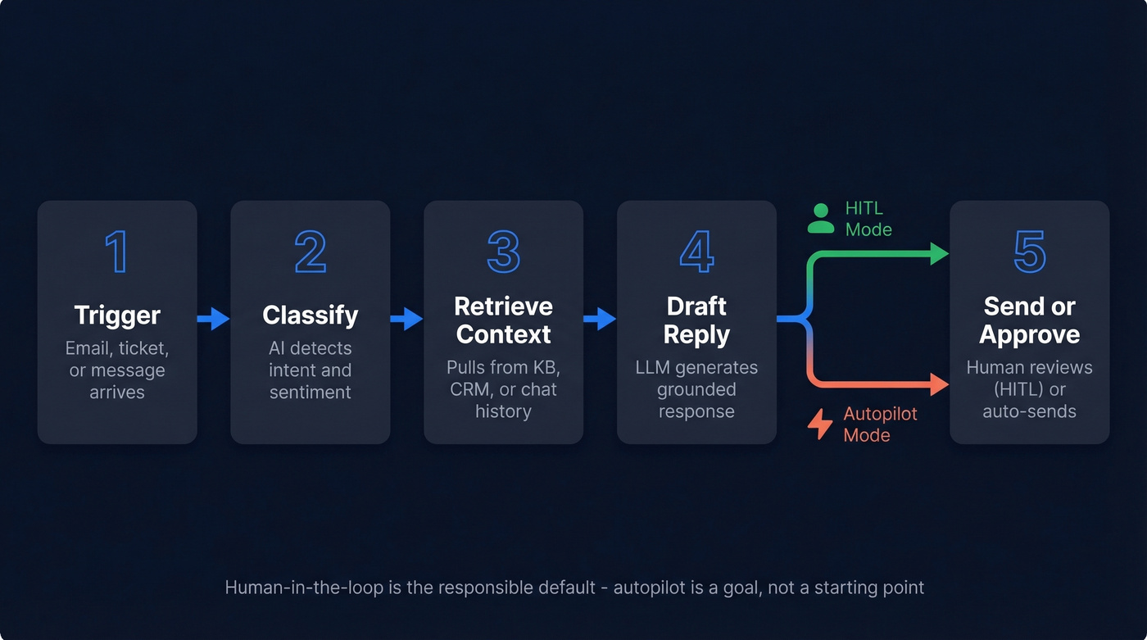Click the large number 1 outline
click(116, 252)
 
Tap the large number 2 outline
click(310, 252)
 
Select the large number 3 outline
click(503, 252)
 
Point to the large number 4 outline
click(696, 252)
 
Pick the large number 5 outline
click(1030, 252)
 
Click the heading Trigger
click(117, 315)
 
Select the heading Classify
click(310, 315)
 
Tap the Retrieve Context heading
click(503, 320)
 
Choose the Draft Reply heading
click(696, 320)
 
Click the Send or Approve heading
click(1030, 320)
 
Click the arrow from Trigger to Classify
click(214, 319)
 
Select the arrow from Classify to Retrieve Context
click(407, 319)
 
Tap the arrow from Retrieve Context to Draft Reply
click(601, 319)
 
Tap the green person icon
click(820, 219)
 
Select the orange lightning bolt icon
click(820, 424)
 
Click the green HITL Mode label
click(868, 219)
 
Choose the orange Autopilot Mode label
click(880, 424)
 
